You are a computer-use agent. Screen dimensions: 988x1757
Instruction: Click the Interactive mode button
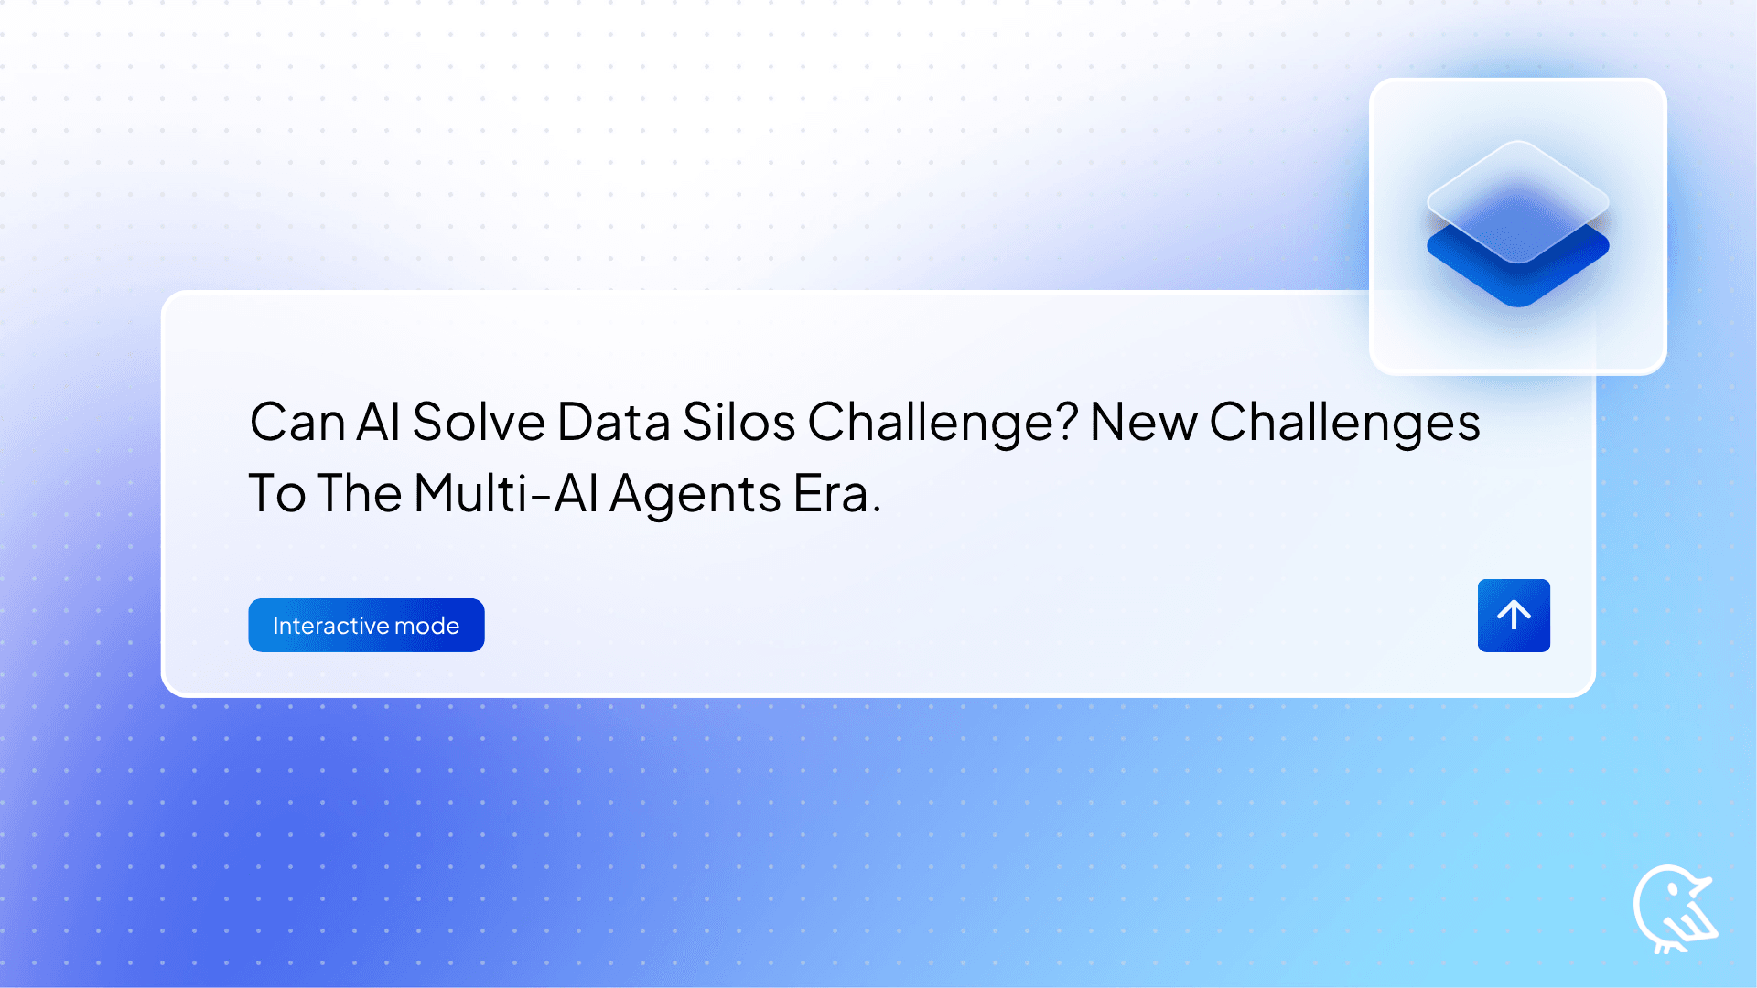tap(366, 625)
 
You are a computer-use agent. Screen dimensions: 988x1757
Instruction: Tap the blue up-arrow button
tap(1514, 615)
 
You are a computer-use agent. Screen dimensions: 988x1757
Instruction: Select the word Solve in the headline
tap(479, 423)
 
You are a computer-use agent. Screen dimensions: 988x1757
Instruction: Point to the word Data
tap(613, 423)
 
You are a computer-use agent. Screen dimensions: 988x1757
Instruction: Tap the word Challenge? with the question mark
tap(943, 423)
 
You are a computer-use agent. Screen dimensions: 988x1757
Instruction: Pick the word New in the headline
tap(1144, 423)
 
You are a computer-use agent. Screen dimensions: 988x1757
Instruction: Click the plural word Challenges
tap(1344, 423)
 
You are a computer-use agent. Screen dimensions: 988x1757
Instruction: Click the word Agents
tap(695, 494)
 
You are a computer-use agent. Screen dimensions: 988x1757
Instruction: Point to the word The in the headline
tap(361, 494)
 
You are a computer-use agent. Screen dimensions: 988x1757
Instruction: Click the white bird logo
tap(1673, 909)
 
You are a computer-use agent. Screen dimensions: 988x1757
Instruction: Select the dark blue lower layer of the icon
tap(1517, 279)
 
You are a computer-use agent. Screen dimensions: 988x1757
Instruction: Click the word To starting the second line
tap(276, 494)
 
